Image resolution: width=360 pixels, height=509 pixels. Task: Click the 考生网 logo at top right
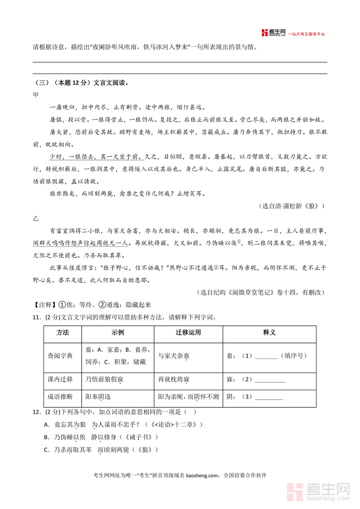[x=274, y=33]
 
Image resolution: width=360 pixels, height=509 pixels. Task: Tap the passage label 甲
[x=36, y=95]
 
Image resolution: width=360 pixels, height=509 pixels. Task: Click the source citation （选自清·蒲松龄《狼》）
[x=291, y=206]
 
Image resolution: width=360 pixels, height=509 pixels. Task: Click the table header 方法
[x=63, y=333]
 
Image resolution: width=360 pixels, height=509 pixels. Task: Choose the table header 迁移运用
[x=188, y=333]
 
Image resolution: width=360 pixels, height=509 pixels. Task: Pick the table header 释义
[x=269, y=333]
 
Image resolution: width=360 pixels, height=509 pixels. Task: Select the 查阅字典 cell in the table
[x=60, y=356]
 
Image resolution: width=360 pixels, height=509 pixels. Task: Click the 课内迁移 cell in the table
[x=60, y=379]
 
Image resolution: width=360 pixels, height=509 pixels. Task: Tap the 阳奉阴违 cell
[x=98, y=397]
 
